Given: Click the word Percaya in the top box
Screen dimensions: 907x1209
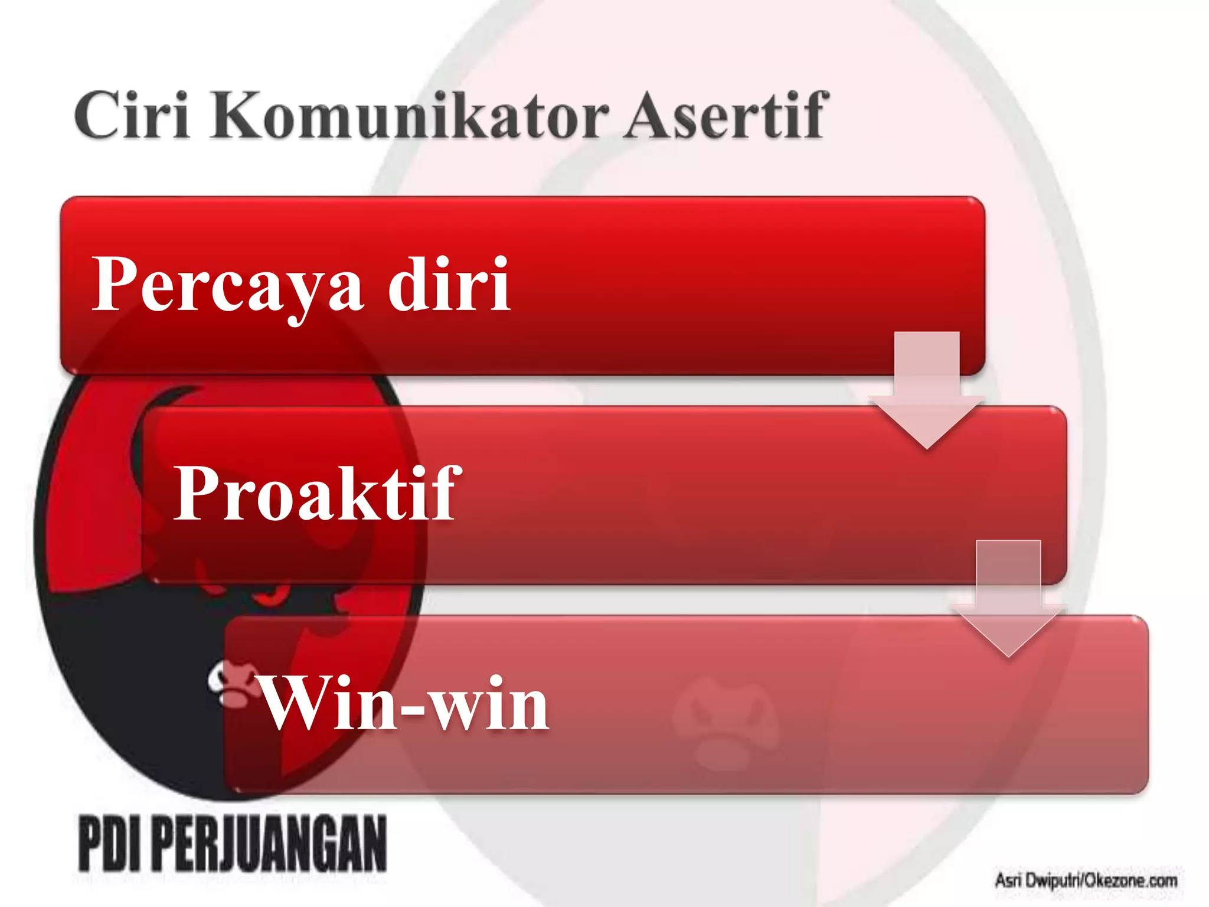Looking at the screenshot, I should pos(228,285).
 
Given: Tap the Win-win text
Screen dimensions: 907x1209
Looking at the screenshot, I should pos(405,704).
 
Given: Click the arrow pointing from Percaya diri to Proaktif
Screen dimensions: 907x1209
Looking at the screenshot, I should pos(926,390).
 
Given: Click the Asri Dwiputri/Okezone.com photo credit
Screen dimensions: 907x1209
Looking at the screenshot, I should pos(1086,880).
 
